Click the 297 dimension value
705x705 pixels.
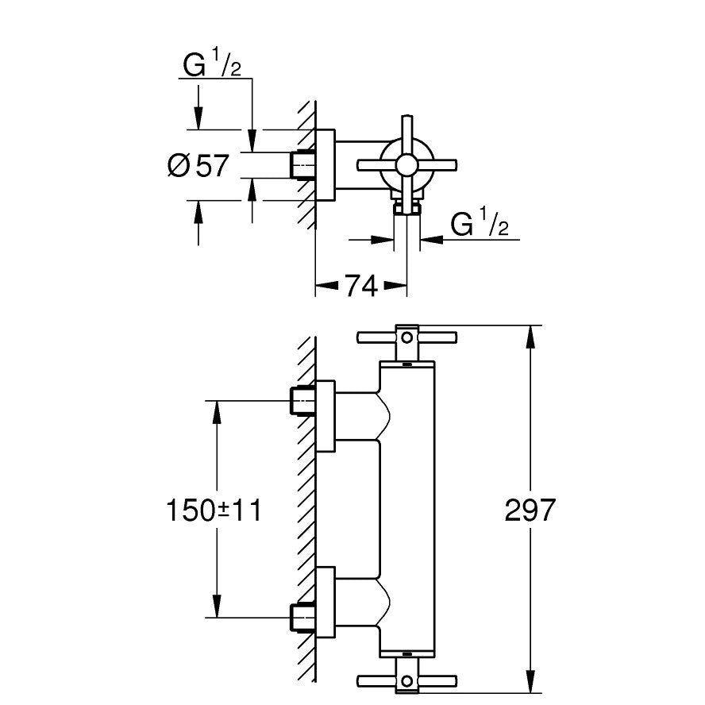tap(530, 510)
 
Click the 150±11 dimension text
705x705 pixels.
tap(213, 510)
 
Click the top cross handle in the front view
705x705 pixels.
tap(406, 337)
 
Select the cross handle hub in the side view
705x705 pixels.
tap(406, 165)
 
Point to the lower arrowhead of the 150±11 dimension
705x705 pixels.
tap(214, 609)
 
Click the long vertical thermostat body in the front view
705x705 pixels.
tap(407, 508)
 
